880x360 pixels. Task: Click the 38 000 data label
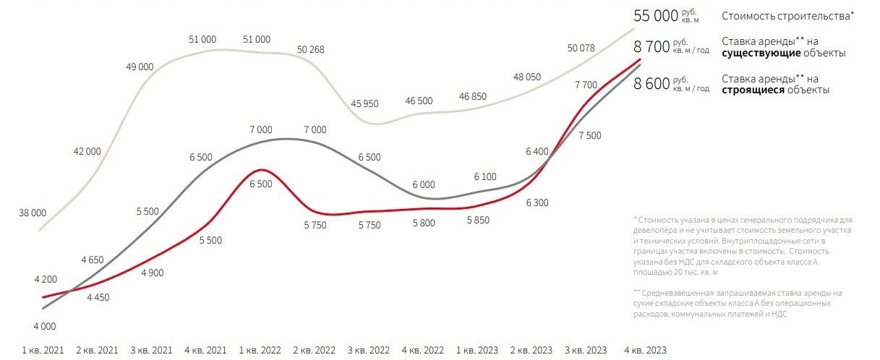33,213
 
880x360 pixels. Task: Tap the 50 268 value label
311,50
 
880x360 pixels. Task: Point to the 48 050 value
527,77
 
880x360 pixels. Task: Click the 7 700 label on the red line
586,85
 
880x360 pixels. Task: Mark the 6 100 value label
484,177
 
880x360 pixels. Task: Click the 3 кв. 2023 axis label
584,350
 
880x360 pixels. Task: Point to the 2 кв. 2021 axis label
97,350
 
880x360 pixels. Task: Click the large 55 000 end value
656,15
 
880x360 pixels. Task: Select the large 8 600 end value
652,84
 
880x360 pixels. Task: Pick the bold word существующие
756,53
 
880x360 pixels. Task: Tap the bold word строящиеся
753,90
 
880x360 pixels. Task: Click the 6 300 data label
537,203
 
